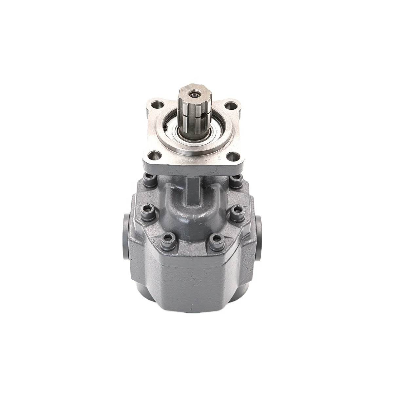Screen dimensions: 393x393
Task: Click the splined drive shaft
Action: pyautogui.click(x=193, y=118)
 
